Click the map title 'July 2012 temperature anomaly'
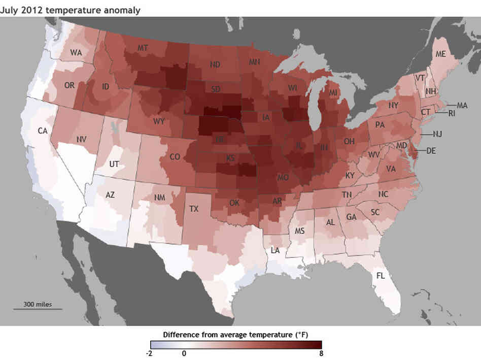[x=70, y=9]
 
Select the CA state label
[x=43, y=130]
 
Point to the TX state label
[x=194, y=208]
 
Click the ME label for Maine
[x=440, y=54]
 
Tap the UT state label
[x=115, y=164]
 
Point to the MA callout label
[x=462, y=105]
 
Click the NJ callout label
[x=437, y=134]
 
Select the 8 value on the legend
[x=320, y=353]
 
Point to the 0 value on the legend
[x=184, y=353]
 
